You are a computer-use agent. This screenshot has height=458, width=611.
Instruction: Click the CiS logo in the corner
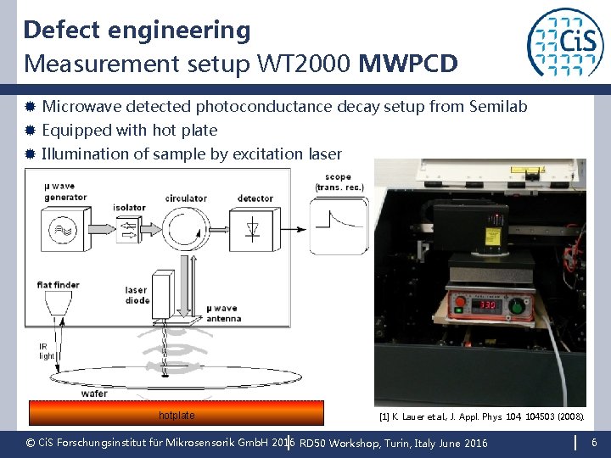[x=565, y=42]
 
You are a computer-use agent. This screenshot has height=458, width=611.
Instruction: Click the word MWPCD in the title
[x=408, y=64]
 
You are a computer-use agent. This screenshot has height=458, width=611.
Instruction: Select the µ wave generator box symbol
[x=65, y=229]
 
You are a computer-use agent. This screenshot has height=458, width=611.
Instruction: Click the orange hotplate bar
[x=177, y=414]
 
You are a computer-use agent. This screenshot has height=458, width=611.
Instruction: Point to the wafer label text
[x=94, y=394]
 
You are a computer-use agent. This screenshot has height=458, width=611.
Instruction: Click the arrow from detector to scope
[x=291, y=227]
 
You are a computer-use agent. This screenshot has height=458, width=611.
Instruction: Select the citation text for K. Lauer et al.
[x=479, y=416]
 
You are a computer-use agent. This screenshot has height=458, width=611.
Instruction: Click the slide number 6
[x=594, y=443]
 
